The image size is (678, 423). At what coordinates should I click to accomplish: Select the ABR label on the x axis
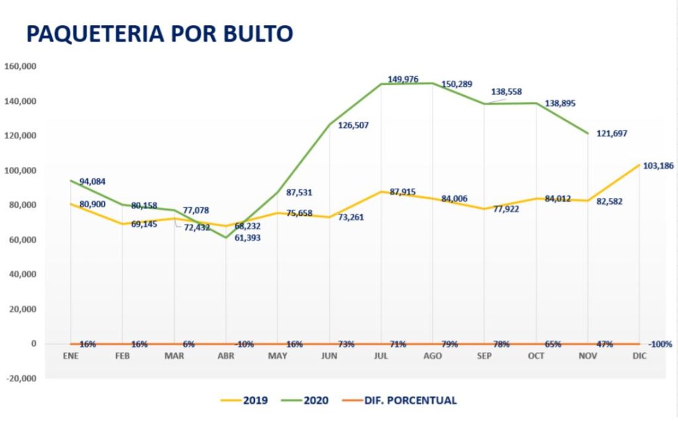coord(226,356)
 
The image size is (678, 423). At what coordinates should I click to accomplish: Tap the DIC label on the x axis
coord(639,356)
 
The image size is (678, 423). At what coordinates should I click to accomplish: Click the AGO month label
coord(432,356)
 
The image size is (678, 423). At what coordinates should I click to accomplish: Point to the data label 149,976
coord(403,79)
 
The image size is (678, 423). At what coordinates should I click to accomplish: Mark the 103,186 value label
coord(658,165)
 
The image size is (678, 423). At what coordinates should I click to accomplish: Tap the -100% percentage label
coord(660,344)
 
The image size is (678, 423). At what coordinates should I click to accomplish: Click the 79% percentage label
coord(450,344)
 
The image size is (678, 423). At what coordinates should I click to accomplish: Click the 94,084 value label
coord(93,181)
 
